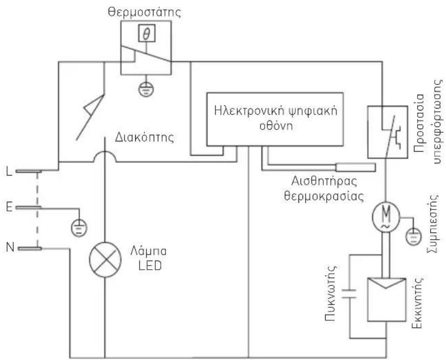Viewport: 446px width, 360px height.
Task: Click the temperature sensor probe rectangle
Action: point(355,167)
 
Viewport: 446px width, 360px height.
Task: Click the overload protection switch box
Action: point(387,132)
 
